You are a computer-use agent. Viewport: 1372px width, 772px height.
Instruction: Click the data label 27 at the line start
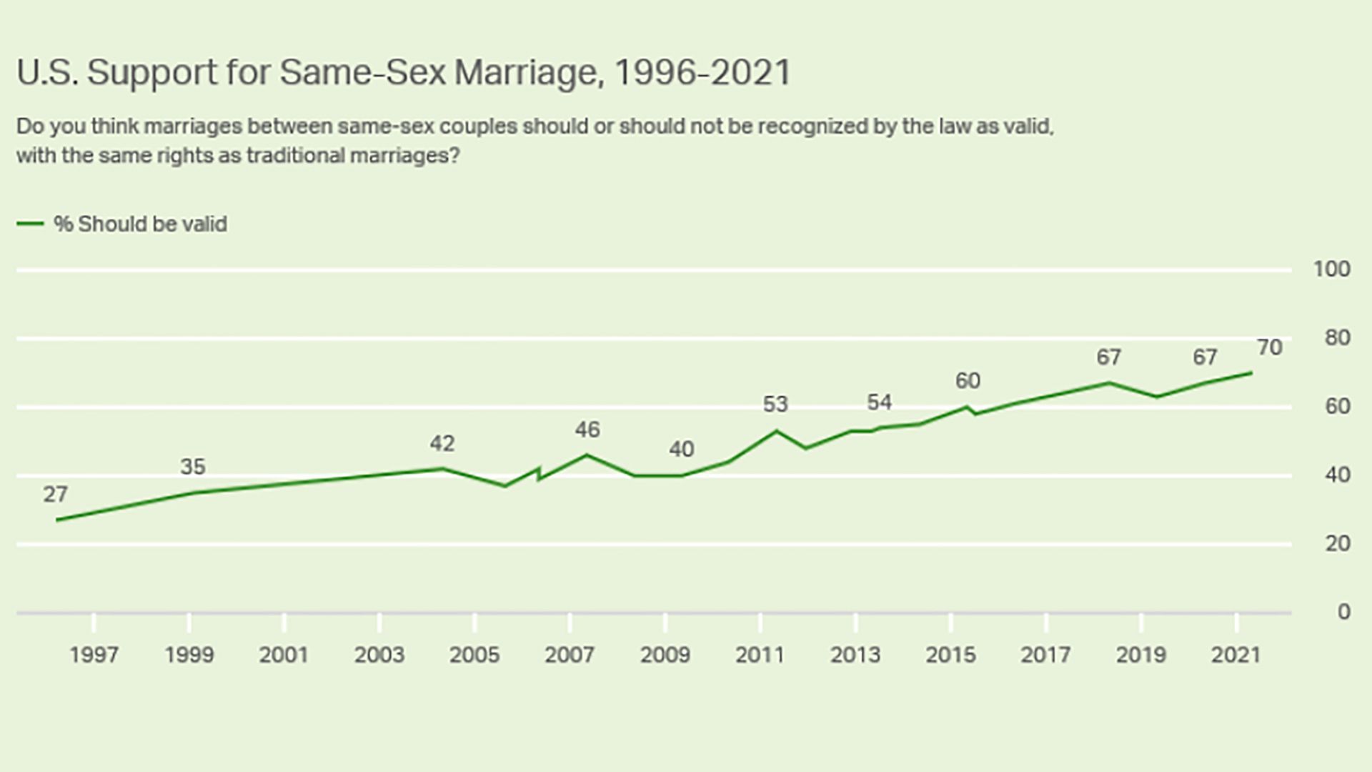click(x=55, y=495)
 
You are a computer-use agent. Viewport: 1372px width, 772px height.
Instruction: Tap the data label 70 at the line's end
click(x=1270, y=348)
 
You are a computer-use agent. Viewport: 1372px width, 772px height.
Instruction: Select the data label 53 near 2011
click(x=775, y=405)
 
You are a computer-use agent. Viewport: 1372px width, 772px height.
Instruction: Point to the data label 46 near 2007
click(x=587, y=430)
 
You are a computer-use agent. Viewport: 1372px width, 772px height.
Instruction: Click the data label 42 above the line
click(x=442, y=444)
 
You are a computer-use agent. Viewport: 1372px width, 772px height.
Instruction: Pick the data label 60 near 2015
click(x=968, y=381)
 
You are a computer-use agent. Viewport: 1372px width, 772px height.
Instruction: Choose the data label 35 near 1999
click(x=192, y=467)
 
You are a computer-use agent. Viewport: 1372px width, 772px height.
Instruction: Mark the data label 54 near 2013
click(x=879, y=402)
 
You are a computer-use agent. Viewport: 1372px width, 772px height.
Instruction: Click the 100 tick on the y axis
click(x=1331, y=269)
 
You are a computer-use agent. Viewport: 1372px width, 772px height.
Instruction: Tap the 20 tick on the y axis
click(x=1337, y=544)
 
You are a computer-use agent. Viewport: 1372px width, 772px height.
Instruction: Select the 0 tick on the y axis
click(x=1343, y=612)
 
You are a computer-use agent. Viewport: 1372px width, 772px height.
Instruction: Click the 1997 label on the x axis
click(x=94, y=655)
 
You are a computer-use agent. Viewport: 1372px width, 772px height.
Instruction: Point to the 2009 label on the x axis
click(x=665, y=655)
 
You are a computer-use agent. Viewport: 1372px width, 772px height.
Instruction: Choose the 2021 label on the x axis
click(x=1236, y=655)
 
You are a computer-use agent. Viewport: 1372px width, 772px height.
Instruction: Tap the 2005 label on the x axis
click(x=474, y=655)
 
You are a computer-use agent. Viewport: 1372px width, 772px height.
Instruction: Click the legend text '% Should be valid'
click(x=140, y=224)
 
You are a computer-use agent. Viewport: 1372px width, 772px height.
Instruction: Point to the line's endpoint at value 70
click(x=1251, y=372)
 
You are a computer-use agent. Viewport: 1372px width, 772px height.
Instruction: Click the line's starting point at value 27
click(x=56, y=520)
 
